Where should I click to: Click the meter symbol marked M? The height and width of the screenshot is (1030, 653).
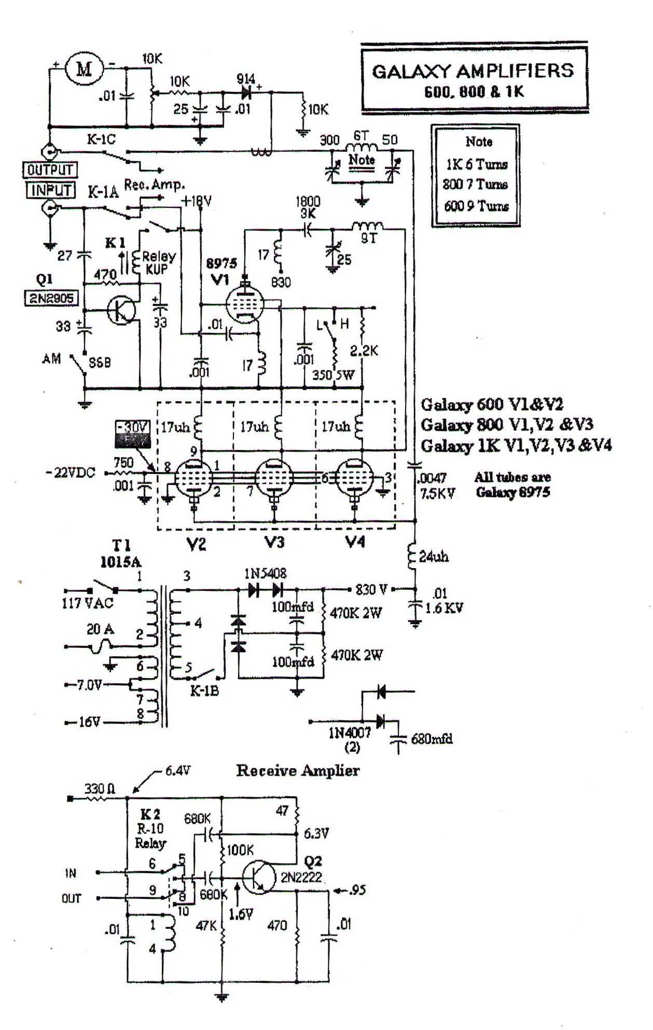[84, 67]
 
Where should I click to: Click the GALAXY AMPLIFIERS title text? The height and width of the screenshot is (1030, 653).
[473, 71]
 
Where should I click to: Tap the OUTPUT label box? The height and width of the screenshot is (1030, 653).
[50, 170]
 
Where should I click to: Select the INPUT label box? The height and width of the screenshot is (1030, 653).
[50, 190]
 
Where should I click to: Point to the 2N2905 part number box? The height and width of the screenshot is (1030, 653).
[50, 298]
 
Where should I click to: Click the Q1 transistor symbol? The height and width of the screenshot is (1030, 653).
[122, 311]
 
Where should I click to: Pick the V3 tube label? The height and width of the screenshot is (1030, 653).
[274, 542]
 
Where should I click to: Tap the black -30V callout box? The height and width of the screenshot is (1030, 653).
[133, 434]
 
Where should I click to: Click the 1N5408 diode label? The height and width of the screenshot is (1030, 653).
[265, 573]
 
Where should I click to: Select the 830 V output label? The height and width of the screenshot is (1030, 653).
[371, 589]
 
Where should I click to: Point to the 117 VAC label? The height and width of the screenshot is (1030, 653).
[87, 603]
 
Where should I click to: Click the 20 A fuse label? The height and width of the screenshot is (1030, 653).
[100, 629]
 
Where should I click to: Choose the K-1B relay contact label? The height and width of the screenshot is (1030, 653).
[204, 690]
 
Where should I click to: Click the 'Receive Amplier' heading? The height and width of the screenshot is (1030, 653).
[298, 771]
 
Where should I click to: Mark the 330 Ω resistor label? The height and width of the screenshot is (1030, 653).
[100, 789]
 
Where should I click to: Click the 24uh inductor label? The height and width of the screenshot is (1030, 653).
[434, 557]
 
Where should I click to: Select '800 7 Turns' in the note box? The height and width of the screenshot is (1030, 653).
[475, 185]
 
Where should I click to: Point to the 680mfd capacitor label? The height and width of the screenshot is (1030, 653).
[432, 738]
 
